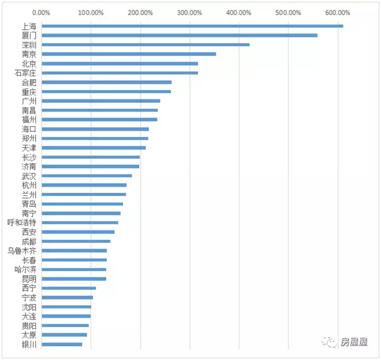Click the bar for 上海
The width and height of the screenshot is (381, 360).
coord(192,26)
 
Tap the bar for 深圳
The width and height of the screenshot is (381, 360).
coord(145,44)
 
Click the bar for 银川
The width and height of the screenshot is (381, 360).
coord(62,344)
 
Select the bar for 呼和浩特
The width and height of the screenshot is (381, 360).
coord(80,222)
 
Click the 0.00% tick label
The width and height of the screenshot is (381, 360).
coord(42,12)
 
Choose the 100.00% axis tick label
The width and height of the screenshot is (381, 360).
coord(91,12)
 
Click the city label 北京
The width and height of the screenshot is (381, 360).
coord(29,64)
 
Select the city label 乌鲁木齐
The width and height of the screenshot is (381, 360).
coord(21,251)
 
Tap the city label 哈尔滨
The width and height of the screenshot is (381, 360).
coord(25,269)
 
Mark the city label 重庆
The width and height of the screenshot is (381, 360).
coord(29,92)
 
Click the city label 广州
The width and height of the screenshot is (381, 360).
coord(29,101)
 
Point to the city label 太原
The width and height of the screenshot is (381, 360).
coord(29,335)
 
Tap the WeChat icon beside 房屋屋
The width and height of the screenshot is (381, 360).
coord(331,342)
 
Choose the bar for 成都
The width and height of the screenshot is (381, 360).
coord(76,242)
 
